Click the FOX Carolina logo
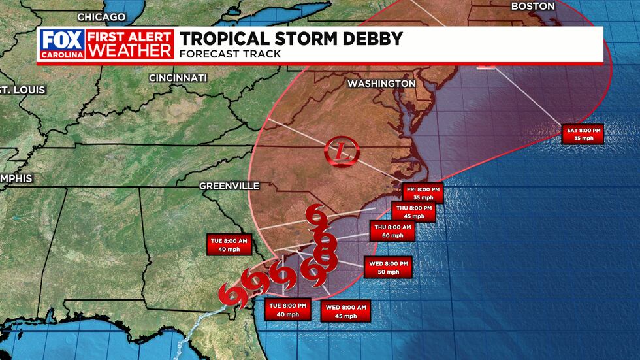[x=62, y=44]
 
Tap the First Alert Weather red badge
[x=131, y=44]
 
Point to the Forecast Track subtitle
[x=231, y=54]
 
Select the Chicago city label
[x=101, y=16]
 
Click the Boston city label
[x=533, y=7]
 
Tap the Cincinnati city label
[x=178, y=78]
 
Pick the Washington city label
[x=381, y=84]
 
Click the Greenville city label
[x=229, y=186]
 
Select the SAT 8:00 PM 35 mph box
[x=583, y=134]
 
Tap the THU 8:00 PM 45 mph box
[x=413, y=212]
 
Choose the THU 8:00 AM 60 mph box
[x=392, y=231]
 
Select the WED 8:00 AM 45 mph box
[x=345, y=312]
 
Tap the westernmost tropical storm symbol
[x=231, y=293]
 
